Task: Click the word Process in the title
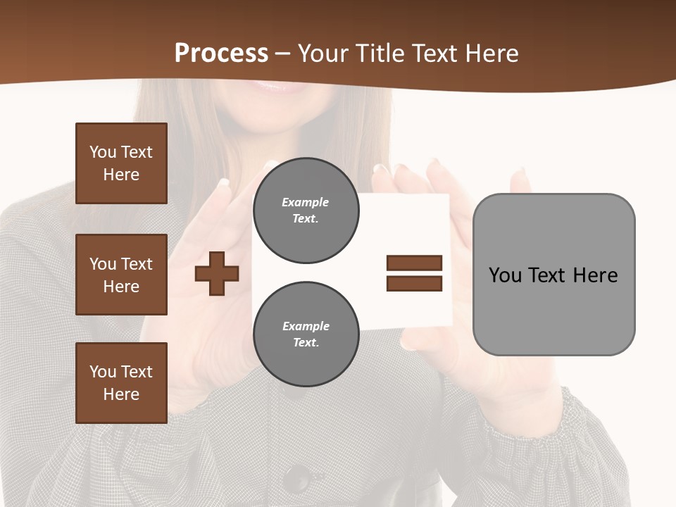point(221,53)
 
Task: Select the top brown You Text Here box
point(121,163)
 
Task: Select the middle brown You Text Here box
point(121,275)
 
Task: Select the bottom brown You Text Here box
point(121,382)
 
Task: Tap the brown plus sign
point(217,273)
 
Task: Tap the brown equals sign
point(414,273)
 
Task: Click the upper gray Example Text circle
point(306,211)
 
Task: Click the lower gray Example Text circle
point(306,334)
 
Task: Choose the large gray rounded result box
point(553,275)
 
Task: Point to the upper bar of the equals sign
point(414,263)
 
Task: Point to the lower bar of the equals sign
point(414,283)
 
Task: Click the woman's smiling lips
point(268,86)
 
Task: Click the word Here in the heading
point(491,53)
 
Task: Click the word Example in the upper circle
point(305,202)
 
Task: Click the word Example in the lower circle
point(306,326)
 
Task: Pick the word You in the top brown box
point(102,152)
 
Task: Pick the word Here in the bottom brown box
point(121,394)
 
